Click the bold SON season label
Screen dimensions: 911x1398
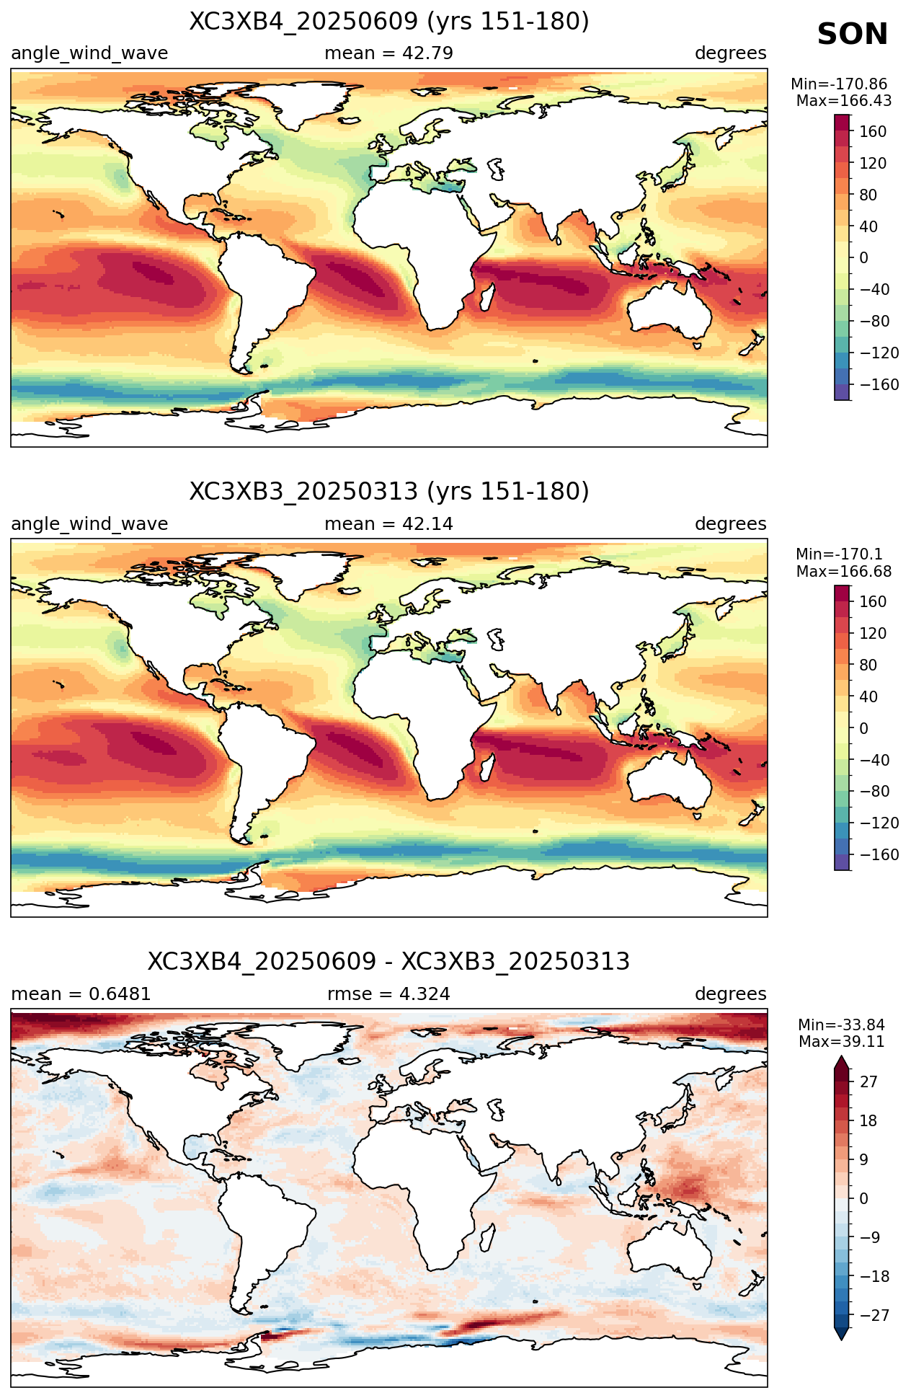click(853, 35)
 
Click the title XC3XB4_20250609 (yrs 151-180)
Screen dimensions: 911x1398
click(389, 22)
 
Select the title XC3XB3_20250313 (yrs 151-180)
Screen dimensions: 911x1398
click(389, 492)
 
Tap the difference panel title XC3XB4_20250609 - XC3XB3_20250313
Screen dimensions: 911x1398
click(389, 962)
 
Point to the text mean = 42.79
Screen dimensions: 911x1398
click(389, 53)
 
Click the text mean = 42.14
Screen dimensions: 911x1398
click(389, 524)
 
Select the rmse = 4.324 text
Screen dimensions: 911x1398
click(389, 994)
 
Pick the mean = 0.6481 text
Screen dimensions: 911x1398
click(81, 994)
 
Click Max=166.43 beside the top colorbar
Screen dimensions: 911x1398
click(844, 101)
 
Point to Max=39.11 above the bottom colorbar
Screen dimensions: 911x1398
click(842, 1041)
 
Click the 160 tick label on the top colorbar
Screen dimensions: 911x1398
click(873, 132)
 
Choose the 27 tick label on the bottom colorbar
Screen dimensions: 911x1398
click(868, 1082)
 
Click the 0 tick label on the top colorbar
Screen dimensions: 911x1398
click(863, 258)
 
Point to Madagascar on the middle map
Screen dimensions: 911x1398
click(488, 766)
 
